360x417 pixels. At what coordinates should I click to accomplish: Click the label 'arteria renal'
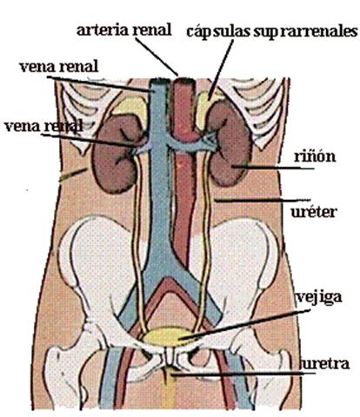[124, 30]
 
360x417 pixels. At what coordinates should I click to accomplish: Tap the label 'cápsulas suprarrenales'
[271, 32]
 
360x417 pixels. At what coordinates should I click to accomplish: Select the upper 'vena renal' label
[59, 67]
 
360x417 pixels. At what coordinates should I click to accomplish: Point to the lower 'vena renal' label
[43, 127]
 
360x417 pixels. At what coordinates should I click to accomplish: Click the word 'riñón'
[315, 156]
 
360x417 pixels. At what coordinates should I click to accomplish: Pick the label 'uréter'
[314, 212]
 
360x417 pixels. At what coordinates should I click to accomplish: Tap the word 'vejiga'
[319, 298]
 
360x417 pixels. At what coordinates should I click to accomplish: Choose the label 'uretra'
[325, 364]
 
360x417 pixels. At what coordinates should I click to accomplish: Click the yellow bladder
[167, 337]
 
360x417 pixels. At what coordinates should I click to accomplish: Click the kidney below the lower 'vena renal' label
[116, 154]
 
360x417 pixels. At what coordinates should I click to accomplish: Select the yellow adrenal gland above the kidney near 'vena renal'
[131, 109]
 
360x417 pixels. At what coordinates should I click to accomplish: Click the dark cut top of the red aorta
[184, 81]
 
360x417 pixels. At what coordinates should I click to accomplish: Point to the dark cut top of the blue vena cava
[158, 82]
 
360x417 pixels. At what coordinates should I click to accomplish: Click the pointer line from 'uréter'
[263, 200]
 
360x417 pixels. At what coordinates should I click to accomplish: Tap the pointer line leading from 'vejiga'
[244, 324]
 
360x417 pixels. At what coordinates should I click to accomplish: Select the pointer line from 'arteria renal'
[157, 56]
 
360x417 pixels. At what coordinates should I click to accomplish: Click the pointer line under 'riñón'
[273, 168]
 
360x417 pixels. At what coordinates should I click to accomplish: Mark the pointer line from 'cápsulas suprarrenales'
[221, 69]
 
